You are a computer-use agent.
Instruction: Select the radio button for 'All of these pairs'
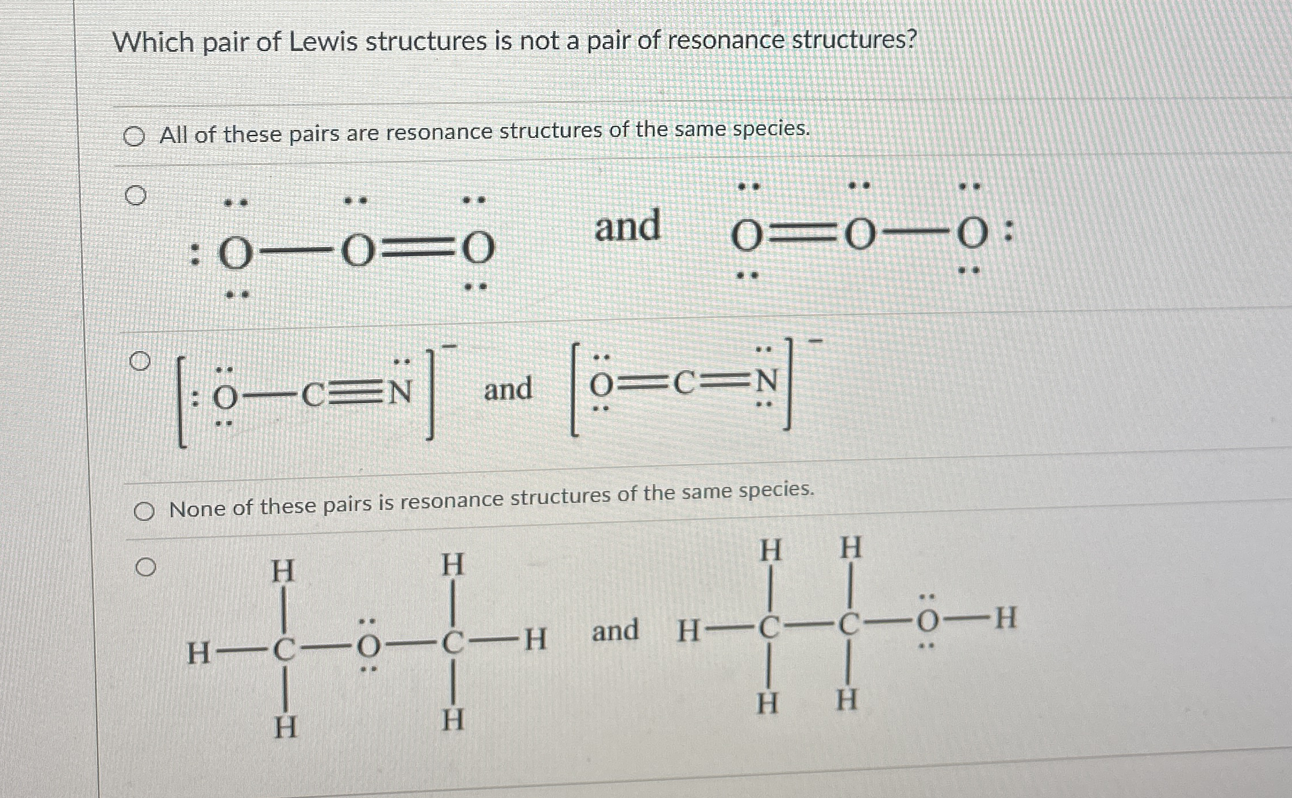coord(134,137)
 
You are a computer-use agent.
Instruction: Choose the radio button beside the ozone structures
coord(135,195)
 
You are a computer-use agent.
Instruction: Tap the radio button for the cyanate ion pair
coord(140,361)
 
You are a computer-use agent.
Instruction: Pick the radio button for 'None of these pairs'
coord(144,511)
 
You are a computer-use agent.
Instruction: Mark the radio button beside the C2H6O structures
coord(145,568)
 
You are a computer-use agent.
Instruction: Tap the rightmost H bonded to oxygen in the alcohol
coord(1005,619)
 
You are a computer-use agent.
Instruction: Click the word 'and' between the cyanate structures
coord(507,389)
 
